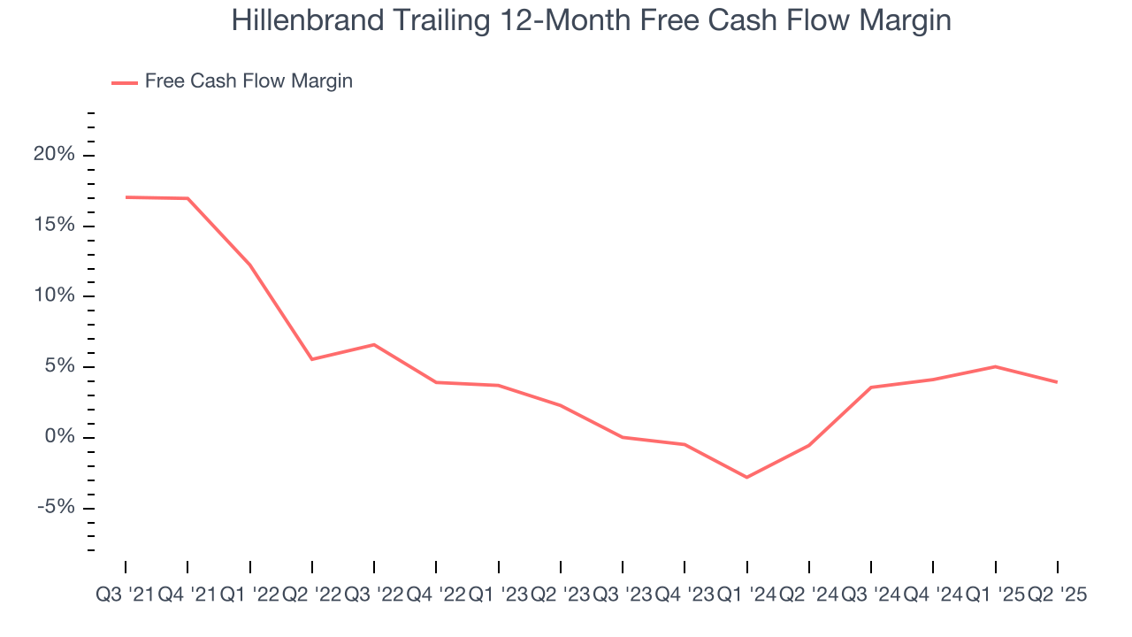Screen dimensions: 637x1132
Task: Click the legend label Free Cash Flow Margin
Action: point(249,81)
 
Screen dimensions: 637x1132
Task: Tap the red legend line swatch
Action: point(125,82)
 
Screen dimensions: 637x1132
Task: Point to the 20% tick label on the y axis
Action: point(55,155)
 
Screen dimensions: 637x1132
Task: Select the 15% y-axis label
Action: point(55,226)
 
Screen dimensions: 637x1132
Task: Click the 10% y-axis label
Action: point(55,296)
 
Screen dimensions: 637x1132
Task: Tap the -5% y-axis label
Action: point(55,508)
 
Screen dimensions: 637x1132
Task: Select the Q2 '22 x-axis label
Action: point(311,595)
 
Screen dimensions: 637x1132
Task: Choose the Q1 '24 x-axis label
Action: point(746,595)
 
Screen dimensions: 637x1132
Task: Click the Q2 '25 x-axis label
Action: point(1057,595)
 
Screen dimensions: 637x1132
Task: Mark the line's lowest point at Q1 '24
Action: point(747,477)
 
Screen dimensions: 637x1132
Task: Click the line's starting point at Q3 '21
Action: point(126,197)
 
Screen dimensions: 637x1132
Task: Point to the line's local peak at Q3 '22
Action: point(374,344)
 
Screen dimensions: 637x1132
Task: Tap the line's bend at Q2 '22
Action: point(312,359)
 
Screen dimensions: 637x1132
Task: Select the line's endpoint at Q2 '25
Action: point(1058,382)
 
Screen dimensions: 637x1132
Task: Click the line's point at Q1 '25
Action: point(996,366)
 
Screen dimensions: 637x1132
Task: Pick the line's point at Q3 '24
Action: point(871,387)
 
